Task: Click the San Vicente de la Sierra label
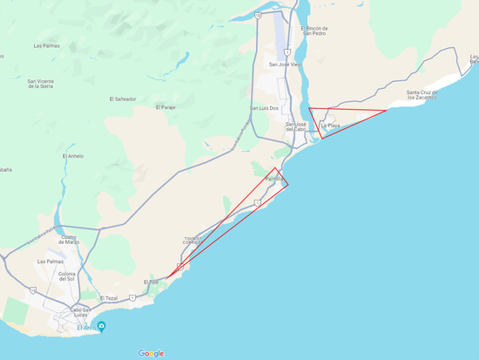35,85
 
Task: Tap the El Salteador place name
123,99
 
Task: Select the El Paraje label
165,107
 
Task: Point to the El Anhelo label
73,156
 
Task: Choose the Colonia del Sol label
67,277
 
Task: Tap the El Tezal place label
108,298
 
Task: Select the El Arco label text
85,328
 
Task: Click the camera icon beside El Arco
102,327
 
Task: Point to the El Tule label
151,282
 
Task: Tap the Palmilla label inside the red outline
274,179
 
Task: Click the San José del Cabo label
296,126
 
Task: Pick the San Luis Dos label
264,108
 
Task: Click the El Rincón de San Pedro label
314,31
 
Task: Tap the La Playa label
330,126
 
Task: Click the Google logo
151,353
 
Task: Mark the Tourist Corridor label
199,239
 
